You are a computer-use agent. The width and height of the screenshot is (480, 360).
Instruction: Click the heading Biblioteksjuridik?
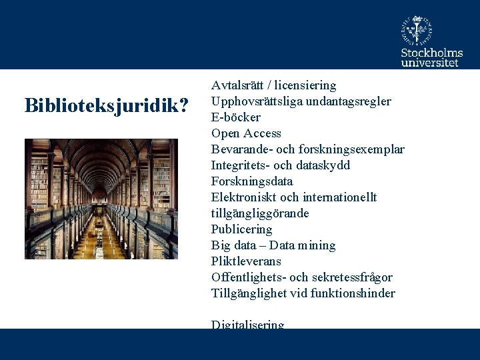tap(106, 105)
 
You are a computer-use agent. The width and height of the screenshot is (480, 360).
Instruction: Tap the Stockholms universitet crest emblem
tap(417, 29)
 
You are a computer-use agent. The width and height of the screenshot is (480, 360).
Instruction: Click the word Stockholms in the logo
tap(431, 52)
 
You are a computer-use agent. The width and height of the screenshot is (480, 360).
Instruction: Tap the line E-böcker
tap(236, 117)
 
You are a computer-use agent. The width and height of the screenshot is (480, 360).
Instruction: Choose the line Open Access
tap(246, 133)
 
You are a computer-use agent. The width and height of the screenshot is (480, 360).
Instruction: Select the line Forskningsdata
tap(252, 181)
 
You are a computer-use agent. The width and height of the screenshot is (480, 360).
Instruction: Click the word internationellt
tap(339, 197)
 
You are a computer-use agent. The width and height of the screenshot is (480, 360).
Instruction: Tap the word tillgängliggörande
tap(260, 213)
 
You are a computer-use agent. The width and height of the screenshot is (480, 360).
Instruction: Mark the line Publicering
tap(242, 229)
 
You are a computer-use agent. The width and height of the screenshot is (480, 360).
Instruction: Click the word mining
tap(317, 245)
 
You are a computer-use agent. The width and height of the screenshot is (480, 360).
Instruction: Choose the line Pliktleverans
tap(246, 261)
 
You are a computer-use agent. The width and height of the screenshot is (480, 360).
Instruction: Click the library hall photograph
tap(101, 199)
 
